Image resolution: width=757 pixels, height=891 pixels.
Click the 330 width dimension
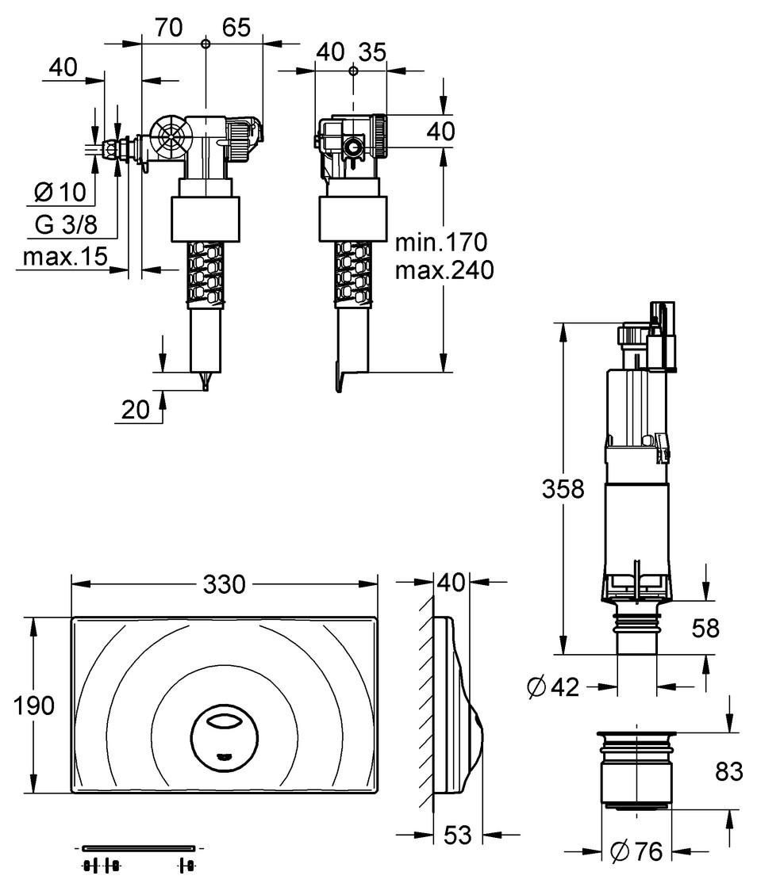click(x=224, y=584)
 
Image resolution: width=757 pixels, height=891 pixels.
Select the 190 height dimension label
click(x=35, y=705)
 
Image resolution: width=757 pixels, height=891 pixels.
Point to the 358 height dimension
click(x=562, y=489)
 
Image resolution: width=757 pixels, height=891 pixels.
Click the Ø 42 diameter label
click(x=553, y=687)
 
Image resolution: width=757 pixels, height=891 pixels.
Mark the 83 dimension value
click(x=728, y=770)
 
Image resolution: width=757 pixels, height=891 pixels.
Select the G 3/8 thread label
click(x=65, y=224)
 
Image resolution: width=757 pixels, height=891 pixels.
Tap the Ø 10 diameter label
click(x=65, y=193)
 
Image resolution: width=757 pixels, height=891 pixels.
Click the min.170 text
click(x=440, y=240)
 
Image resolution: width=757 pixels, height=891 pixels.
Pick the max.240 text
click(x=444, y=270)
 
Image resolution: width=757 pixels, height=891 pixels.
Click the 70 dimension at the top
click(x=167, y=28)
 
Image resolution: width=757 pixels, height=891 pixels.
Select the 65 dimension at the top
click(x=236, y=28)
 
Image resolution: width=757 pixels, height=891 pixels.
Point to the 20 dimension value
click(x=136, y=409)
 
